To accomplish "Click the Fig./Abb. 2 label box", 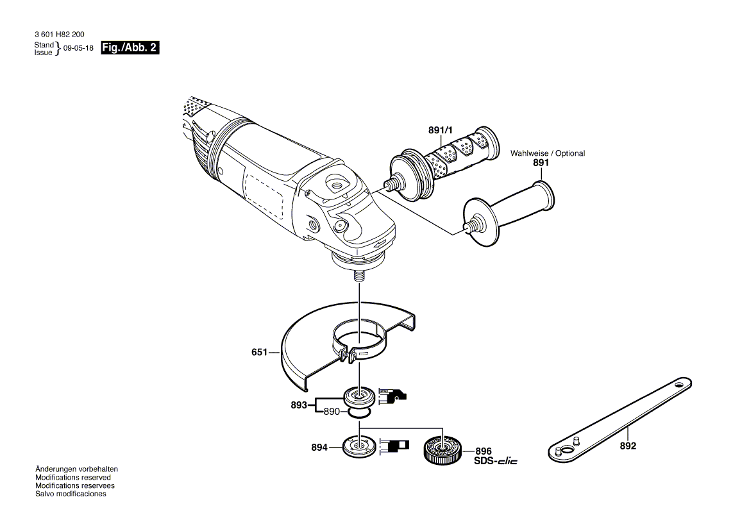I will click(x=130, y=48).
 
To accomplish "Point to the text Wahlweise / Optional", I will click(x=547, y=153).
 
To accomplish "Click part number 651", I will click(x=260, y=352).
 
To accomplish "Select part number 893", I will click(x=299, y=405).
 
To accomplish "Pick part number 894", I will click(x=319, y=447).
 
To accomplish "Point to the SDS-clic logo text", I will click(x=495, y=462).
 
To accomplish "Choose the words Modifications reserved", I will click(x=72, y=478).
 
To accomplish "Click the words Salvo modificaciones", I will click(x=71, y=494).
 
